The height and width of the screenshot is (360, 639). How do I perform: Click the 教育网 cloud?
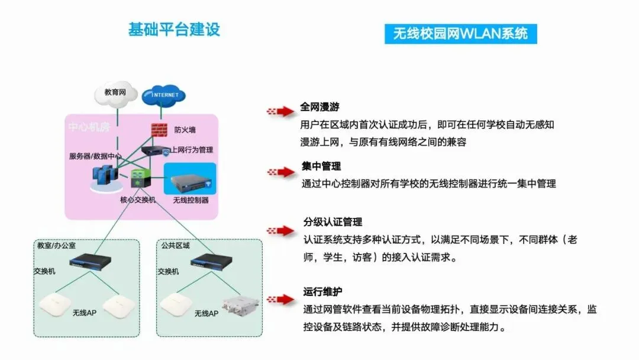point(116,94)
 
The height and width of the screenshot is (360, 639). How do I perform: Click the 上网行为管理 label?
point(192,150)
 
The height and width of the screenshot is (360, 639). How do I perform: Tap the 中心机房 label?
point(89,127)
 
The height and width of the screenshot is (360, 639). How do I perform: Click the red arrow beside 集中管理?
point(281,172)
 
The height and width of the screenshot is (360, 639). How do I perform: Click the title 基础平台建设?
point(174,30)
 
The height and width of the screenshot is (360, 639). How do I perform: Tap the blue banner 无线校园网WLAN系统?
point(460,33)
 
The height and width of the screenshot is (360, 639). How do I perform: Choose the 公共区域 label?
point(175,245)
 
